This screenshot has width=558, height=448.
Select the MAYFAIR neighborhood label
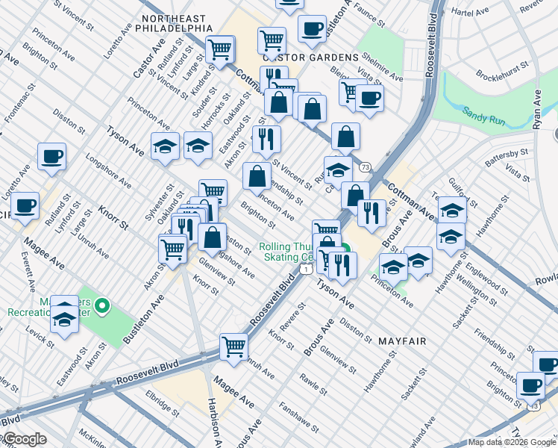click(x=402, y=341)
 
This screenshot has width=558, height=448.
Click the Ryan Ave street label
click(x=537, y=110)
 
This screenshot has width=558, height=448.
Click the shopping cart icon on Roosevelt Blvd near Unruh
click(x=233, y=346)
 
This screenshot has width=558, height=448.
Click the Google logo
click(x=24, y=439)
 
